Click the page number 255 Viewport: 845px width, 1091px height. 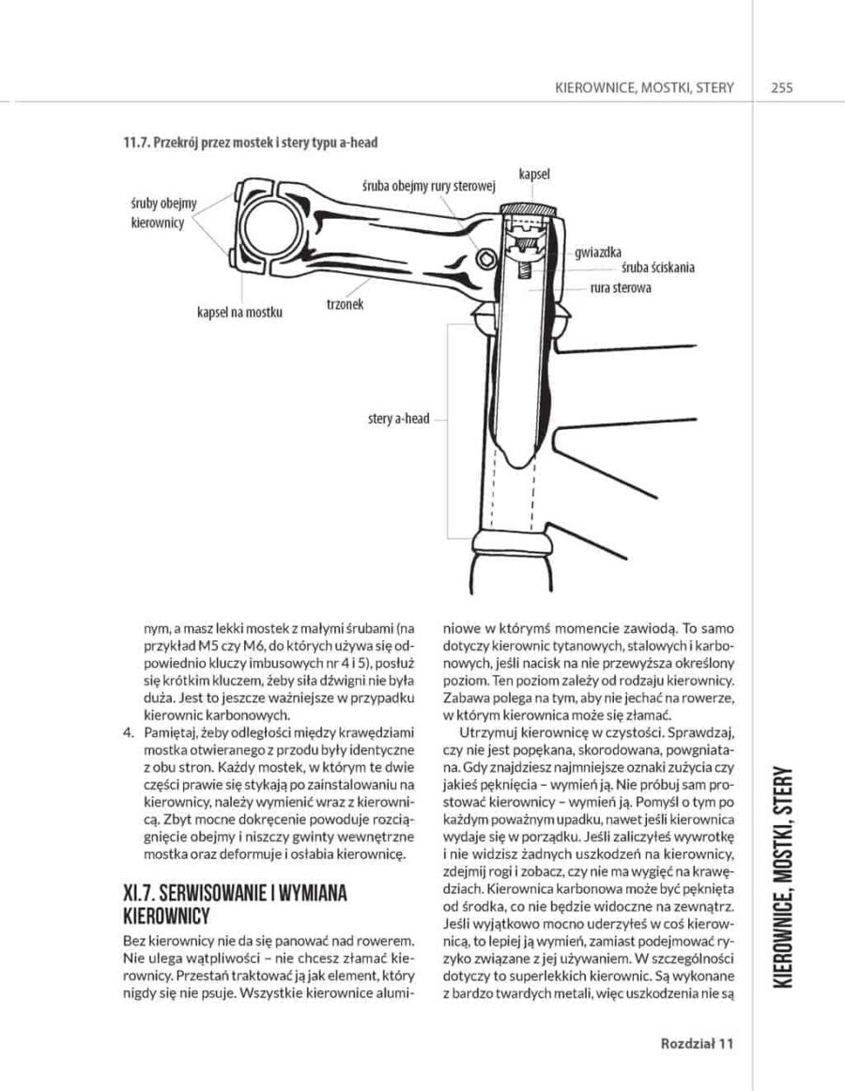[x=781, y=87]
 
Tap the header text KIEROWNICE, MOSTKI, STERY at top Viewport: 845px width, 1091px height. [x=644, y=87]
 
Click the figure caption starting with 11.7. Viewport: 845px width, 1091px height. [x=251, y=143]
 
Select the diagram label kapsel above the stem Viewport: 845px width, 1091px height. [x=533, y=175]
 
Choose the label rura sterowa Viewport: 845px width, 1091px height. [x=620, y=287]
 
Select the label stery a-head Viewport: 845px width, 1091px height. [x=398, y=418]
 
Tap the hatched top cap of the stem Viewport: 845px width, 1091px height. [x=531, y=208]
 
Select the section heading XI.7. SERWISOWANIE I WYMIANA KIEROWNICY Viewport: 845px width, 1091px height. [x=235, y=904]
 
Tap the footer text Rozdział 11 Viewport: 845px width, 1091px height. [x=696, y=1043]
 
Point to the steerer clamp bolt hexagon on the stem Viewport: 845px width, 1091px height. [x=484, y=259]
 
